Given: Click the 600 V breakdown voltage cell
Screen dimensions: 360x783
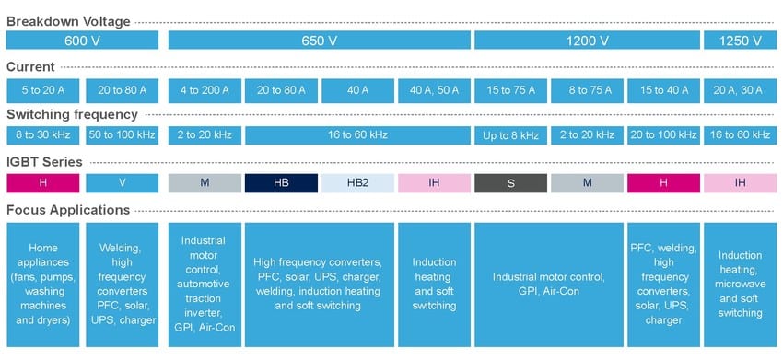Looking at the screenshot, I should tap(83, 41).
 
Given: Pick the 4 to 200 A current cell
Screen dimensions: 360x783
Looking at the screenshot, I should tap(205, 90).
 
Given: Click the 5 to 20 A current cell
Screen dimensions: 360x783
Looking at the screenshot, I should tap(43, 90).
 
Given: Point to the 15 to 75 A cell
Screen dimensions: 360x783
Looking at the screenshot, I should tap(510, 90).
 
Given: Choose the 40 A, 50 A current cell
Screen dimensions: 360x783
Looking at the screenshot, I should tap(434, 90).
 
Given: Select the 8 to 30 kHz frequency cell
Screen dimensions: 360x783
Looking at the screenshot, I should tap(43, 135).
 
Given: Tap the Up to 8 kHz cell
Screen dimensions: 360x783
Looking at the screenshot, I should tap(510, 135).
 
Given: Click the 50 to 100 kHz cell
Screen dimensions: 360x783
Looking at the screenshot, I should tap(123, 135).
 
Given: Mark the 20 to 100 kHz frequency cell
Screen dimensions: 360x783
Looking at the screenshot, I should tap(662, 135).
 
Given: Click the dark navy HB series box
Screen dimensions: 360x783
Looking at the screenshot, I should tap(281, 182).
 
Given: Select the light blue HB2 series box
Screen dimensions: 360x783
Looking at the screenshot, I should tap(357, 182).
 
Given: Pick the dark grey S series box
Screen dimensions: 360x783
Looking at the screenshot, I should tap(510, 182).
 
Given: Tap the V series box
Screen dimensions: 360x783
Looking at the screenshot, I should tap(123, 182).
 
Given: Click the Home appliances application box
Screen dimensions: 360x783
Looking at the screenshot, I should tap(43, 284).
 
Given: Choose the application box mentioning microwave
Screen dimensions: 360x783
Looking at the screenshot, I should tap(740, 284).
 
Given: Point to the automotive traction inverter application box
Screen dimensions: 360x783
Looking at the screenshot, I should tap(205, 284).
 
